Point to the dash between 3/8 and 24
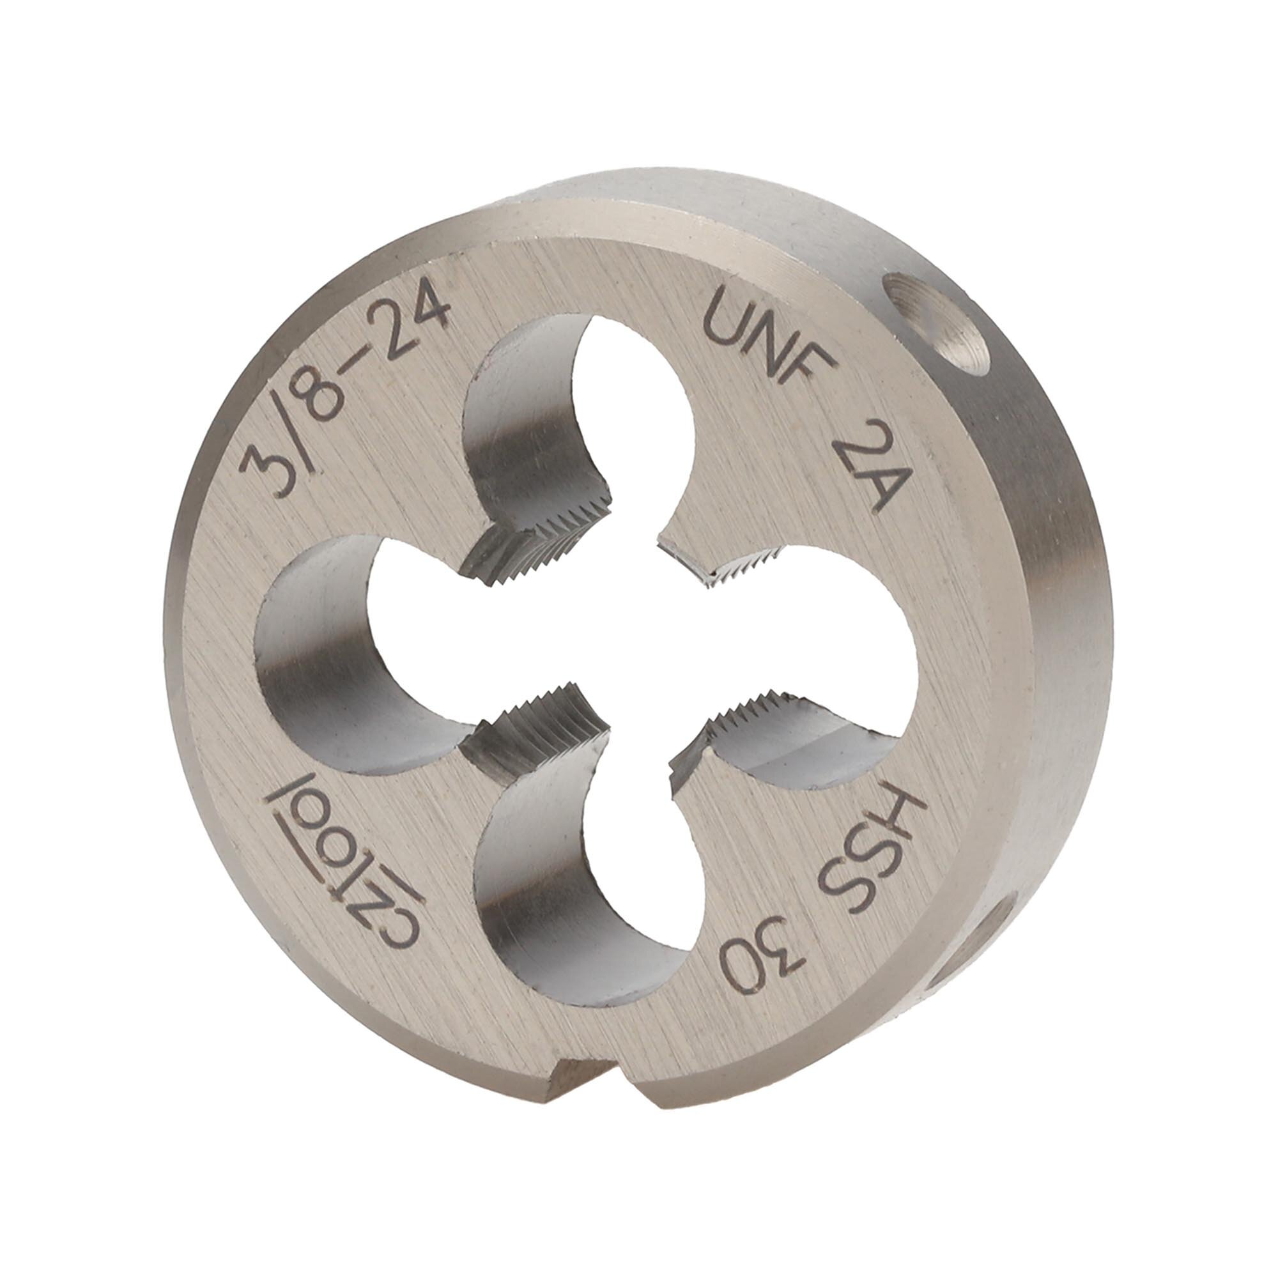362,374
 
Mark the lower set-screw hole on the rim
973,939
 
